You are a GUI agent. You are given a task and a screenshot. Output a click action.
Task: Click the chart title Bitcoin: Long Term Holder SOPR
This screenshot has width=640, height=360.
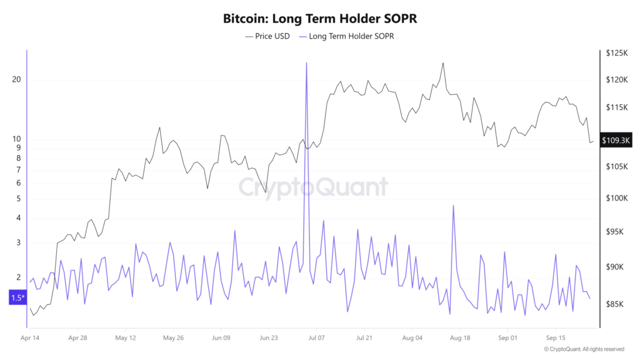(320, 19)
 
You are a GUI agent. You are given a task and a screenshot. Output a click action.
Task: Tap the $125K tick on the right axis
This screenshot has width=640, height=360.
(616, 54)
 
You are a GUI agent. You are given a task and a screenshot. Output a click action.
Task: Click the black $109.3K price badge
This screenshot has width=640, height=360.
(616, 141)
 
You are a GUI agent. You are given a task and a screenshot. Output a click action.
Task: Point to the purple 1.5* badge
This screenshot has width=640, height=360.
(17, 297)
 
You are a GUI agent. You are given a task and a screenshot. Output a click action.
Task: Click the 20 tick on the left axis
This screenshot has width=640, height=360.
(16, 80)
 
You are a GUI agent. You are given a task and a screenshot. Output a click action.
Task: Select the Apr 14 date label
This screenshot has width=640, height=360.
(30, 337)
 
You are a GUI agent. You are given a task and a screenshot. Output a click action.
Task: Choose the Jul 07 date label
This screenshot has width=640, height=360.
(316, 337)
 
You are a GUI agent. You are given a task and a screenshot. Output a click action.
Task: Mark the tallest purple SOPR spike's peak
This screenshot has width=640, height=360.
(307, 63)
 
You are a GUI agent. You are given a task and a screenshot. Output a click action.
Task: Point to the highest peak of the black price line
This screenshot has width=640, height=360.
(443, 63)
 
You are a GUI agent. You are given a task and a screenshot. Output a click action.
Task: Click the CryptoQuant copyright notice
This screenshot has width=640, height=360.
(584, 349)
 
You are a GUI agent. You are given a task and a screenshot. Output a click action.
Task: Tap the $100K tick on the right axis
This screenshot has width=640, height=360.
(616, 198)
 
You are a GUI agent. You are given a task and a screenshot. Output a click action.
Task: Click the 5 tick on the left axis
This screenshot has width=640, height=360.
(18, 199)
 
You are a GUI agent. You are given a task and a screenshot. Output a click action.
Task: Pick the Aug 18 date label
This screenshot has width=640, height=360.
(460, 337)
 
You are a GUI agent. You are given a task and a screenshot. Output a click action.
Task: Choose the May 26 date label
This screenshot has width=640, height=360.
(173, 337)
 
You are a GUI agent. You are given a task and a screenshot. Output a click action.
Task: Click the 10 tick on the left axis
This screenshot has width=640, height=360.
(16, 139)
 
